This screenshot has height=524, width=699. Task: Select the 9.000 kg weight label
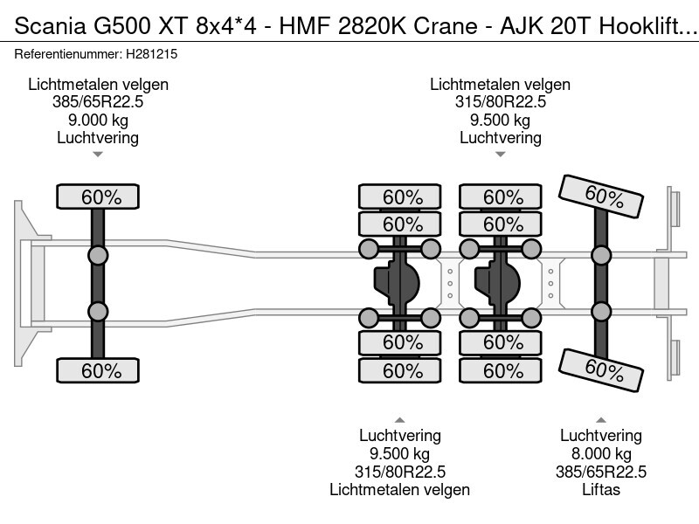98,121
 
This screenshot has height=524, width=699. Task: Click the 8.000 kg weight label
600,454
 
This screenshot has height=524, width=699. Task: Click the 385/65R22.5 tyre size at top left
98,102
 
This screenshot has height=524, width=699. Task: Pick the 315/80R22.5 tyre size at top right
500,102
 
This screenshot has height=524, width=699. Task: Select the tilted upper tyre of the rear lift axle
602,196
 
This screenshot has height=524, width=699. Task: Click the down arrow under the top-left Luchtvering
98,155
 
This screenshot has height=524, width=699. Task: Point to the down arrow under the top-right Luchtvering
500,155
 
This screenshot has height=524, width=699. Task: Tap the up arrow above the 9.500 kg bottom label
399,419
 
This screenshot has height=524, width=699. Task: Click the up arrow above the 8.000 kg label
600,419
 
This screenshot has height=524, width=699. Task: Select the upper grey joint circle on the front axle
98,255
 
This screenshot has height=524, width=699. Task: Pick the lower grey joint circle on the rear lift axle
600,312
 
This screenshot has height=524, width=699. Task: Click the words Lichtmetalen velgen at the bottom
399,490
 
